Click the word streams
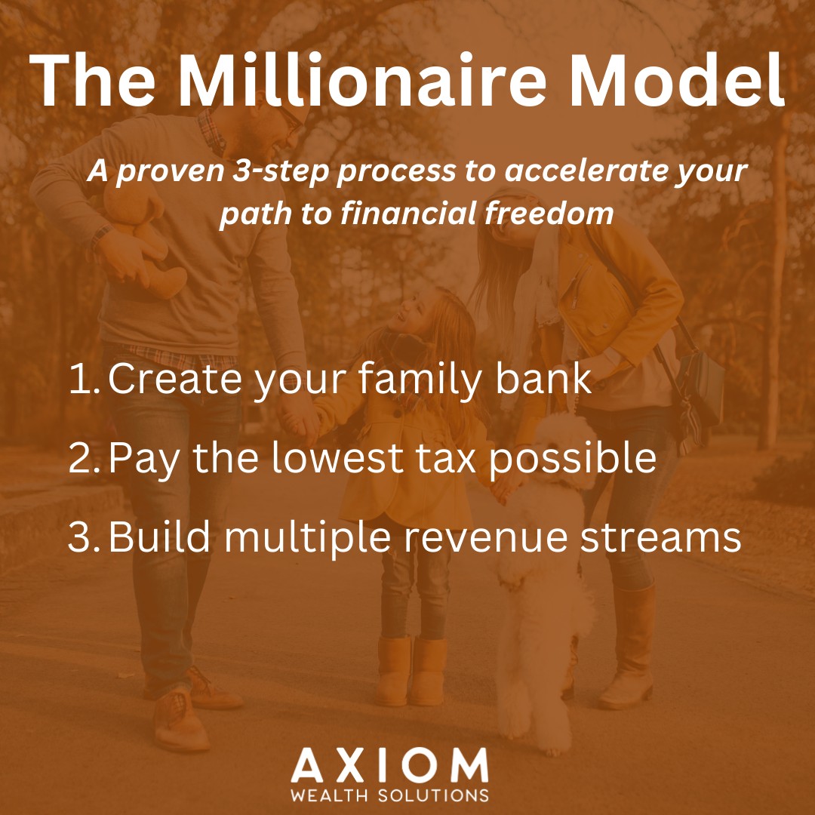coord(661,537)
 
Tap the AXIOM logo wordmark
coord(389,765)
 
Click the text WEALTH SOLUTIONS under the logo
coord(389,795)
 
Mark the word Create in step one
coord(174,378)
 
